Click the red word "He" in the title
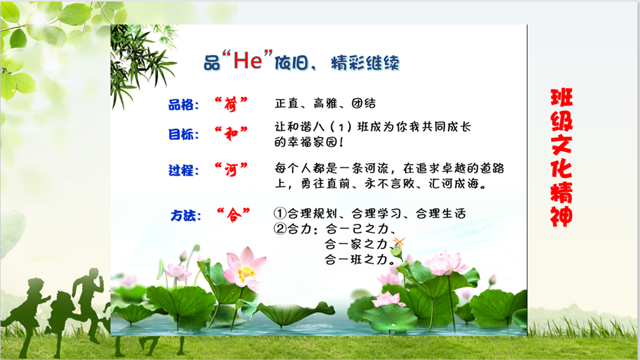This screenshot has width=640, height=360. click(x=247, y=61)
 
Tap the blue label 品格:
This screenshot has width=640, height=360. click(x=184, y=104)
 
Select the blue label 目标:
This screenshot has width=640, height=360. click(x=184, y=134)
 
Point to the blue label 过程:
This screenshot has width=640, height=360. click(x=184, y=170)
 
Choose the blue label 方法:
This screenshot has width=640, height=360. click(x=186, y=215)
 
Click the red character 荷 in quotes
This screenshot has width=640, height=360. click(x=231, y=104)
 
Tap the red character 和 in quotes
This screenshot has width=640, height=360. click(x=231, y=133)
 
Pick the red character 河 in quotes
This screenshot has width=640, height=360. click(x=231, y=169)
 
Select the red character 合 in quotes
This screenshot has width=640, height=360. click(x=234, y=214)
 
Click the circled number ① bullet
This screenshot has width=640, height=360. click(x=280, y=213)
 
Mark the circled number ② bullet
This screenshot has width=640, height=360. click(x=280, y=228)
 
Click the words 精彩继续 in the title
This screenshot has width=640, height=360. click(x=365, y=63)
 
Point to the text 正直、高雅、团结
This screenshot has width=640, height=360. click(x=325, y=103)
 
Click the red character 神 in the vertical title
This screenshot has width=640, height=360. click(x=562, y=216)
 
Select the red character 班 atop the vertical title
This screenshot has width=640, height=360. click(x=562, y=97)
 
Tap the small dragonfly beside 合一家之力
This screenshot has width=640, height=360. click(x=398, y=242)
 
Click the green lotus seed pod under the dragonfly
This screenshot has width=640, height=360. click(x=396, y=253)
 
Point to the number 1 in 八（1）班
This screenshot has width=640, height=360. click(x=340, y=127)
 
